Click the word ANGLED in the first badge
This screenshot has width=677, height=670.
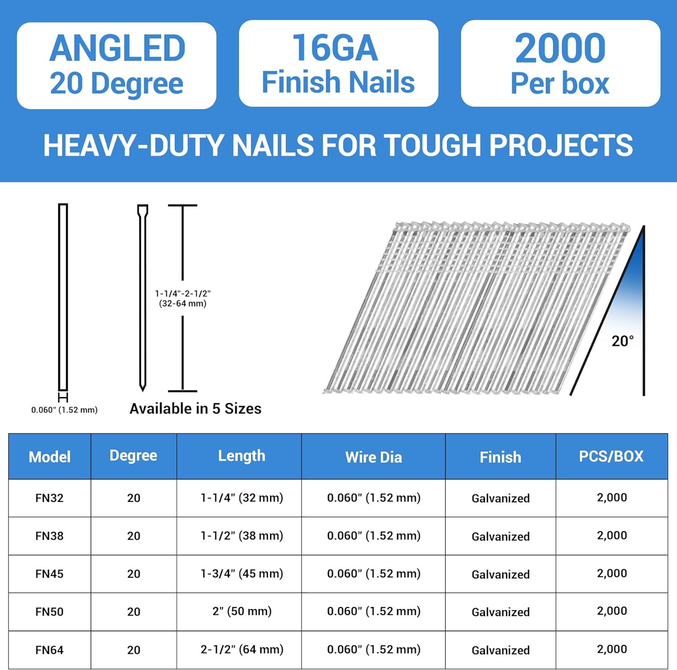click(x=117, y=48)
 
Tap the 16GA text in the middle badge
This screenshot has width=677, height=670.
click(x=335, y=48)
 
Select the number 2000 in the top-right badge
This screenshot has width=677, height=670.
click(x=560, y=48)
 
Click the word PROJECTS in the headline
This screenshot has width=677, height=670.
click(x=561, y=145)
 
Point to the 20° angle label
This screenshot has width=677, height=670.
click(x=622, y=341)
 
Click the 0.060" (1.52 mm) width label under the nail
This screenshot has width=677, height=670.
click(x=65, y=410)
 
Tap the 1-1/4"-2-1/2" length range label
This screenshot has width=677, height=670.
click(x=183, y=293)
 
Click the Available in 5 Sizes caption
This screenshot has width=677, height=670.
click(x=195, y=409)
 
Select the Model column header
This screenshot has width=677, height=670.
click(x=50, y=457)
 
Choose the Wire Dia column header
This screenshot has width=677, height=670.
click(x=373, y=457)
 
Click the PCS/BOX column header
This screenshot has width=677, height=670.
click(x=611, y=456)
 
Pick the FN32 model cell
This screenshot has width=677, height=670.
click(x=50, y=498)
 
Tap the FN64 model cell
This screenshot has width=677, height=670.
click(x=50, y=650)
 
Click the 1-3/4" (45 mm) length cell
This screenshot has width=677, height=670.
click(x=242, y=573)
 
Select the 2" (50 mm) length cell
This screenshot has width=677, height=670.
click(x=242, y=611)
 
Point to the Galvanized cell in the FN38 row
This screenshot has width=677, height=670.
click(x=501, y=536)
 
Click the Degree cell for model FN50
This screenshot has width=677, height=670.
click(x=134, y=612)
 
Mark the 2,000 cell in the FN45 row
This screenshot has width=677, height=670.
click(x=612, y=573)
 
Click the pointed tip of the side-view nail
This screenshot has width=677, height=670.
click(x=143, y=388)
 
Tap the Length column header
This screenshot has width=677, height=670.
click(x=241, y=456)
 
